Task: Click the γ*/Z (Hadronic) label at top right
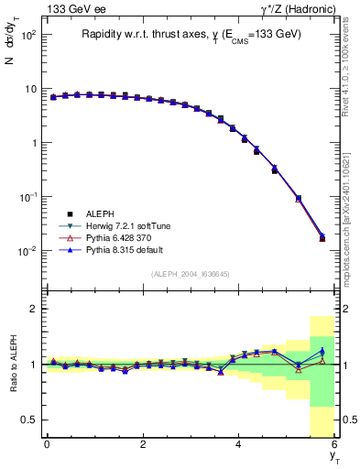point(292,9)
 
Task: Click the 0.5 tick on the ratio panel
point(30,420)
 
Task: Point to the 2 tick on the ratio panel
point(34,309)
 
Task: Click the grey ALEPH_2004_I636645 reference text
point(189,274)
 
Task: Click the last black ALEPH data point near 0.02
point(322,238)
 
